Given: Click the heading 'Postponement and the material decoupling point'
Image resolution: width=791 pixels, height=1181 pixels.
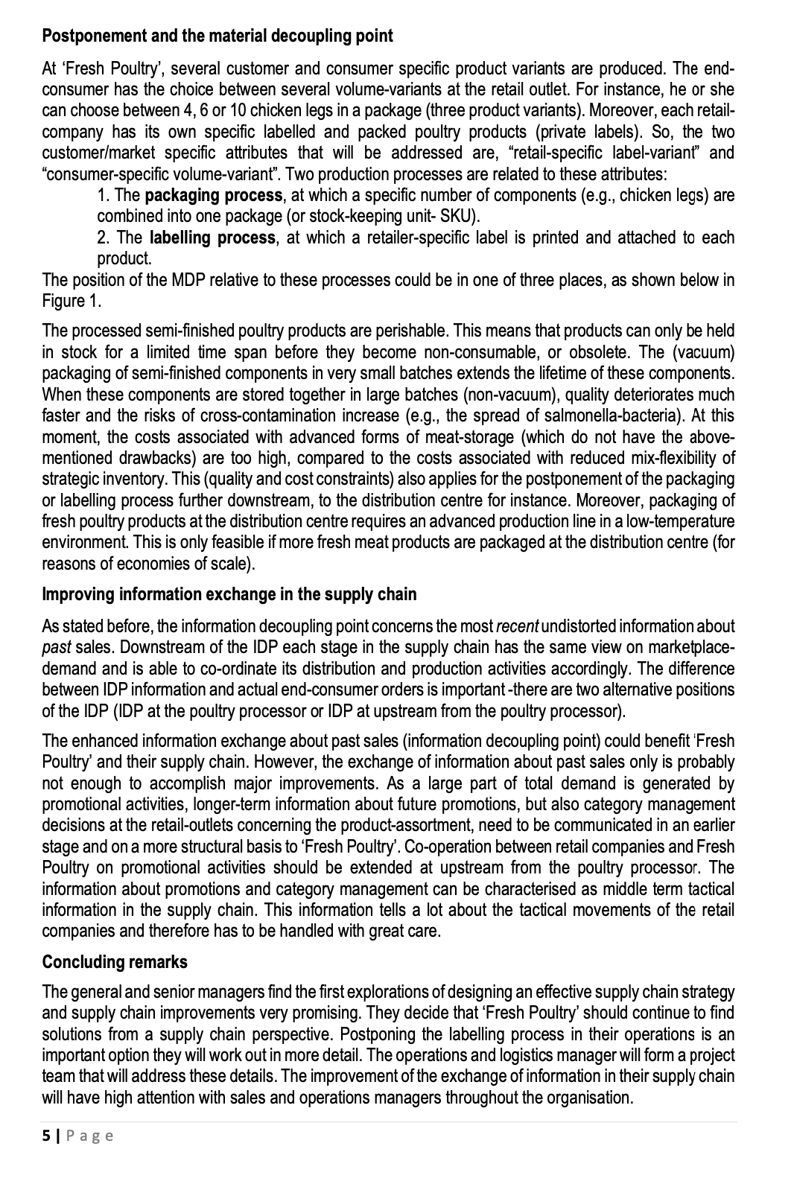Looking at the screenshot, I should (217, 35).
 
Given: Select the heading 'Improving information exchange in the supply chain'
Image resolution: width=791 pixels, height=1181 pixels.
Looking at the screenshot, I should (229, 594).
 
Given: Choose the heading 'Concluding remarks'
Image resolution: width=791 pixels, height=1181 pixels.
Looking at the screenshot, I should (115, 961).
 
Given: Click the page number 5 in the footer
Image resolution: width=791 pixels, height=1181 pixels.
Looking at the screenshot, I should (47, 1136).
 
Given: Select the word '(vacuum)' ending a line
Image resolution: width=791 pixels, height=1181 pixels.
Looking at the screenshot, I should (707, 351).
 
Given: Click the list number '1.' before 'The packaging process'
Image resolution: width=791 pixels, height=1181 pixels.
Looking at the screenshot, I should (104, 196).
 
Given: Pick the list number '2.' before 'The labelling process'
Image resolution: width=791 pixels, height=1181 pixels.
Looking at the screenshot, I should (105, 238).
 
